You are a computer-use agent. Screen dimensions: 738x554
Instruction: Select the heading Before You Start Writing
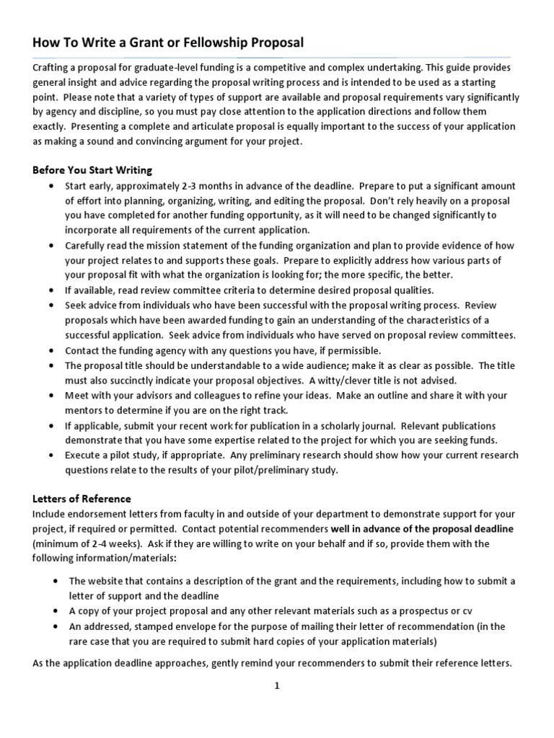(92, 170)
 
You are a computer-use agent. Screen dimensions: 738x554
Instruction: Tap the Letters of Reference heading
(82, 498)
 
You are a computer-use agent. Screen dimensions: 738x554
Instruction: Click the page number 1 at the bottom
(276, 687)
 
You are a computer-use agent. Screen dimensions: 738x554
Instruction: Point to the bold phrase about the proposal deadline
(422, 528)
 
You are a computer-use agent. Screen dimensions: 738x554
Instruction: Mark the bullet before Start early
(50, 185)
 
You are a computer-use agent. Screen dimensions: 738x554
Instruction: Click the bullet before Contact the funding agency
(50, 350)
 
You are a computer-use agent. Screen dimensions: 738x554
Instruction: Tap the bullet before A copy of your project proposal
(56, 611)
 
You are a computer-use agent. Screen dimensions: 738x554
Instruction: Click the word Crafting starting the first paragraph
(50, 67)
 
